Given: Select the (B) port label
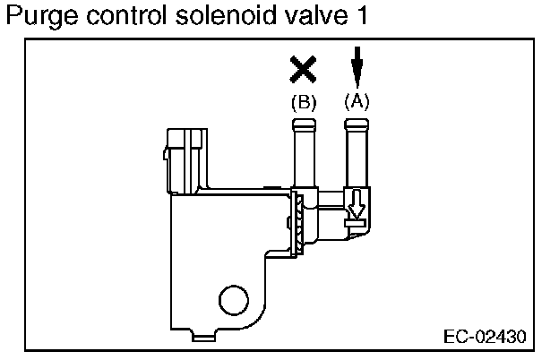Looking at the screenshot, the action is (x=305, y=102).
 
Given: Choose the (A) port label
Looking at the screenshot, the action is (x=357, y=101).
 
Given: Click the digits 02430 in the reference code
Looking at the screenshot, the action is (x=497, y=338).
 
